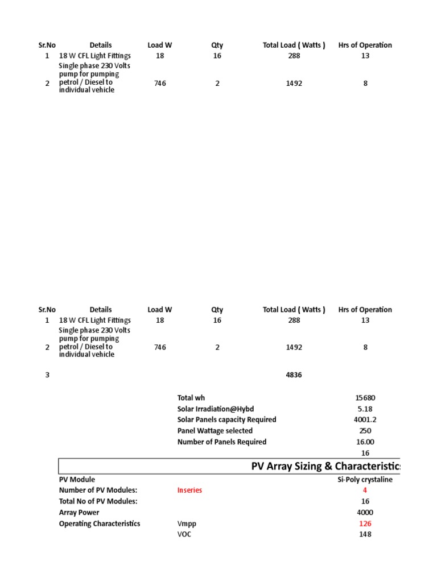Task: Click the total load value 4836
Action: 294,375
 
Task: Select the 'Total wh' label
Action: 191,398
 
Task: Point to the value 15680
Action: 365,398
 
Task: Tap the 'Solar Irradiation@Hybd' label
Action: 216,409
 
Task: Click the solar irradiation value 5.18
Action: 365,409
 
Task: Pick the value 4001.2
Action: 365,420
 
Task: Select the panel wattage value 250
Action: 365,431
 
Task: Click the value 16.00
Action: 365,442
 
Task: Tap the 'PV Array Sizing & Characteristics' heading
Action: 325,467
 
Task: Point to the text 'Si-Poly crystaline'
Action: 365,480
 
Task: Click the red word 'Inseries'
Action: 189,490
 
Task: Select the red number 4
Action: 365,490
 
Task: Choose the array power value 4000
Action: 365,513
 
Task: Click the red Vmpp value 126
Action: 365,523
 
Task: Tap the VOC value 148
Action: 365,535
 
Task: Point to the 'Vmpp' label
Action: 187,523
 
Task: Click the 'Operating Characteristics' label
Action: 100,523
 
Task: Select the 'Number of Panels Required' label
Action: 222,442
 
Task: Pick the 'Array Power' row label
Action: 79,513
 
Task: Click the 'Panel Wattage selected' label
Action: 215,431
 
